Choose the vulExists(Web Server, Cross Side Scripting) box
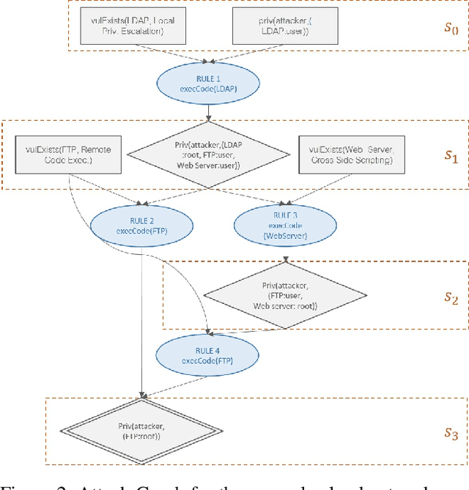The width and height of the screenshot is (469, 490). click(351, 155)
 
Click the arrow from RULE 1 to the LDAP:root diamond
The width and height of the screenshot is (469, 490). click(210, 110)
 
